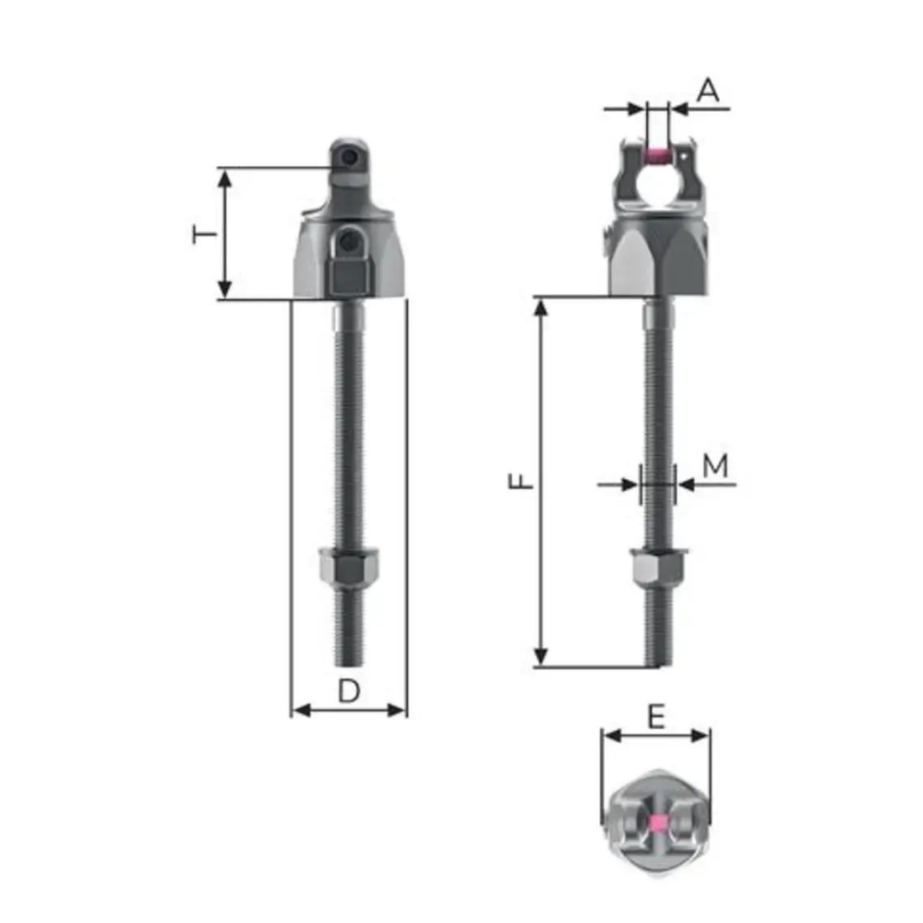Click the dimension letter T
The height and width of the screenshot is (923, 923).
click(x=206, y=234)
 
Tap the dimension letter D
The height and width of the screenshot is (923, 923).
click(x=347, y=689)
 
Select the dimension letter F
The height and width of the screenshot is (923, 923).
click(x=522, y=482)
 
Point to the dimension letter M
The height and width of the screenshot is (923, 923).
click(x=715, y=466)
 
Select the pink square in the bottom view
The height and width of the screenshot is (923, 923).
click(x=657, y=823)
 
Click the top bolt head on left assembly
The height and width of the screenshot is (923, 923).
click(x=348, y=159)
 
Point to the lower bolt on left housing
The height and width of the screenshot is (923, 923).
click(x=348, y=244)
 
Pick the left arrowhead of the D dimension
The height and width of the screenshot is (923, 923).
click(x=298, y=710)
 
